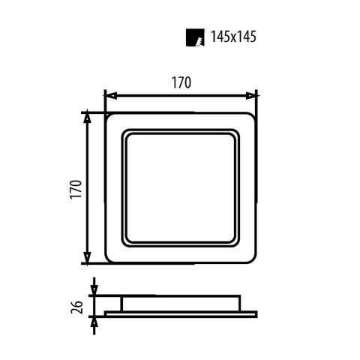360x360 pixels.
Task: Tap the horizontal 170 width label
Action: (181, 84)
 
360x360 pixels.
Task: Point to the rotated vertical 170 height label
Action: (72, 187)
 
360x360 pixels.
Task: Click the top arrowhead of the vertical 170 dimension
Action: (87, 117)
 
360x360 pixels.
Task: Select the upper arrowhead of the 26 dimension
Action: (94, 290)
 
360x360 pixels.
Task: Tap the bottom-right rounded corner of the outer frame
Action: (252, 259)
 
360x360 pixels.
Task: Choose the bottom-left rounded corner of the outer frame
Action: (109, 259)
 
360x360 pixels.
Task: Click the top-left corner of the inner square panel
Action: (127, 134)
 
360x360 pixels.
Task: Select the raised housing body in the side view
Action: (181, 301)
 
